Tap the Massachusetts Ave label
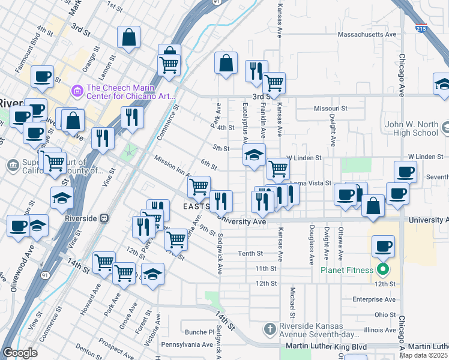367,35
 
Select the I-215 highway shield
421,28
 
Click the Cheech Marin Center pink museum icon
77,91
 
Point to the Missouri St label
331,109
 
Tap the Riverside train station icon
104,218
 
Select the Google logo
20,353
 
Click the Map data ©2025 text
424,355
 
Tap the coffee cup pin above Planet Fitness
384,246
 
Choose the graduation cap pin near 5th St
254,155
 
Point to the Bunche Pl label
199,331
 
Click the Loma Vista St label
311,182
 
